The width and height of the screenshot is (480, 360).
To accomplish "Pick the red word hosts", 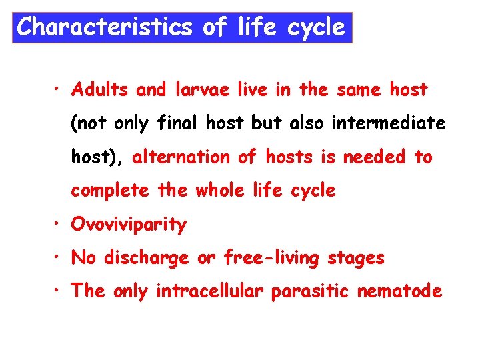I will pyautogui.click(x=289, y=157).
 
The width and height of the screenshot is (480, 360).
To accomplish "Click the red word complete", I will pyautogui.click(x=111, y=191).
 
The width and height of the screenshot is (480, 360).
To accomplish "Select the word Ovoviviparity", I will pyautogui.click(x=129, y=225).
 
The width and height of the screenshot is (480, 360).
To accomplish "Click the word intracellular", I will pyautogui.click(x=210, y=291).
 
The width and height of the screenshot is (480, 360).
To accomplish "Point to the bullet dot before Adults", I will pyautogui.click(x=59, y=89).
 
